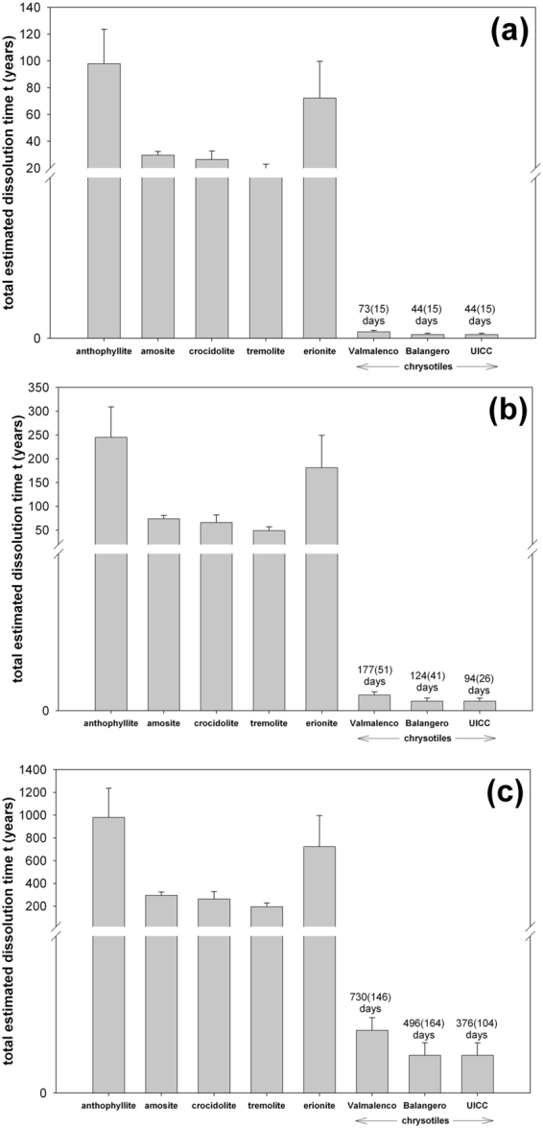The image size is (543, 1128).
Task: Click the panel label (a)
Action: point(491,33)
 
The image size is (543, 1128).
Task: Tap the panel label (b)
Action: point(491,410)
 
